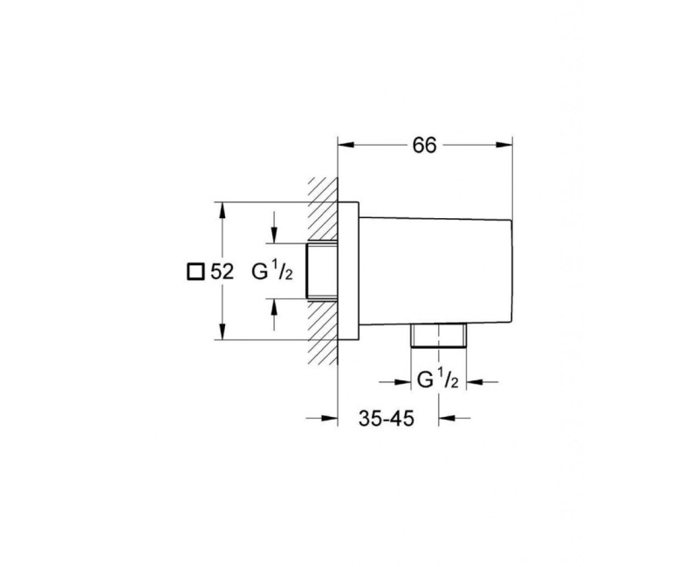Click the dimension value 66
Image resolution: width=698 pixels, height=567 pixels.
[424, 145]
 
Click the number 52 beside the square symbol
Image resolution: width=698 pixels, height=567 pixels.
[222, 271]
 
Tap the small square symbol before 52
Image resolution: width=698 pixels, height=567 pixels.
[195, 271]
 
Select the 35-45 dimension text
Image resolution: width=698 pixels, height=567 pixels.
[387, 419]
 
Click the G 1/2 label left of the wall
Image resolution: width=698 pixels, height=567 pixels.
[271, 271]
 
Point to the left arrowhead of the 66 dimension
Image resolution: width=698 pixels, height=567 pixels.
[346, 145]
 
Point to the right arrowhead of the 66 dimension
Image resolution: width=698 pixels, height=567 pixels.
[504, 145]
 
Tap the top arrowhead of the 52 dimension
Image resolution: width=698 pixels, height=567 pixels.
[222, 211]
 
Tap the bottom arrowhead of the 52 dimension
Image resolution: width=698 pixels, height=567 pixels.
[222, 331]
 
